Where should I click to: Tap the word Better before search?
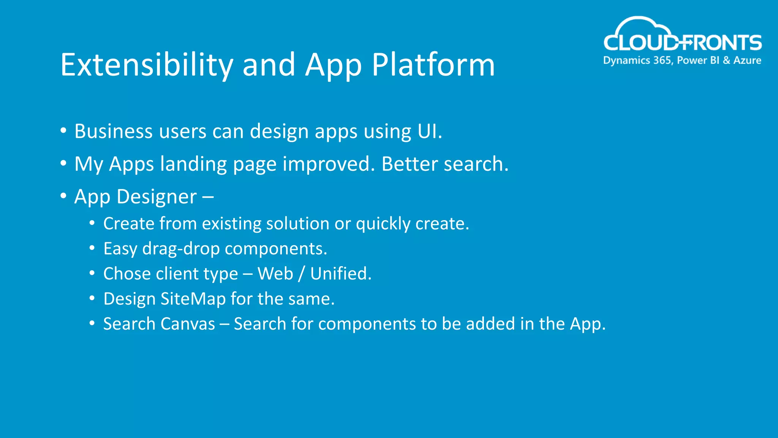[409, 164]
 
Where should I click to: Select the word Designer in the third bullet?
[157, 197]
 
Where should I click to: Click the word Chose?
[127, 274]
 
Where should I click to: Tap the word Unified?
[340, 274]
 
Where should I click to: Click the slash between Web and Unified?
[301, 274]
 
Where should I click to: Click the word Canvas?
[188, 324]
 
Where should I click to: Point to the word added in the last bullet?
[490, 324]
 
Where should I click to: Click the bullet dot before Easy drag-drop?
[92, 248]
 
